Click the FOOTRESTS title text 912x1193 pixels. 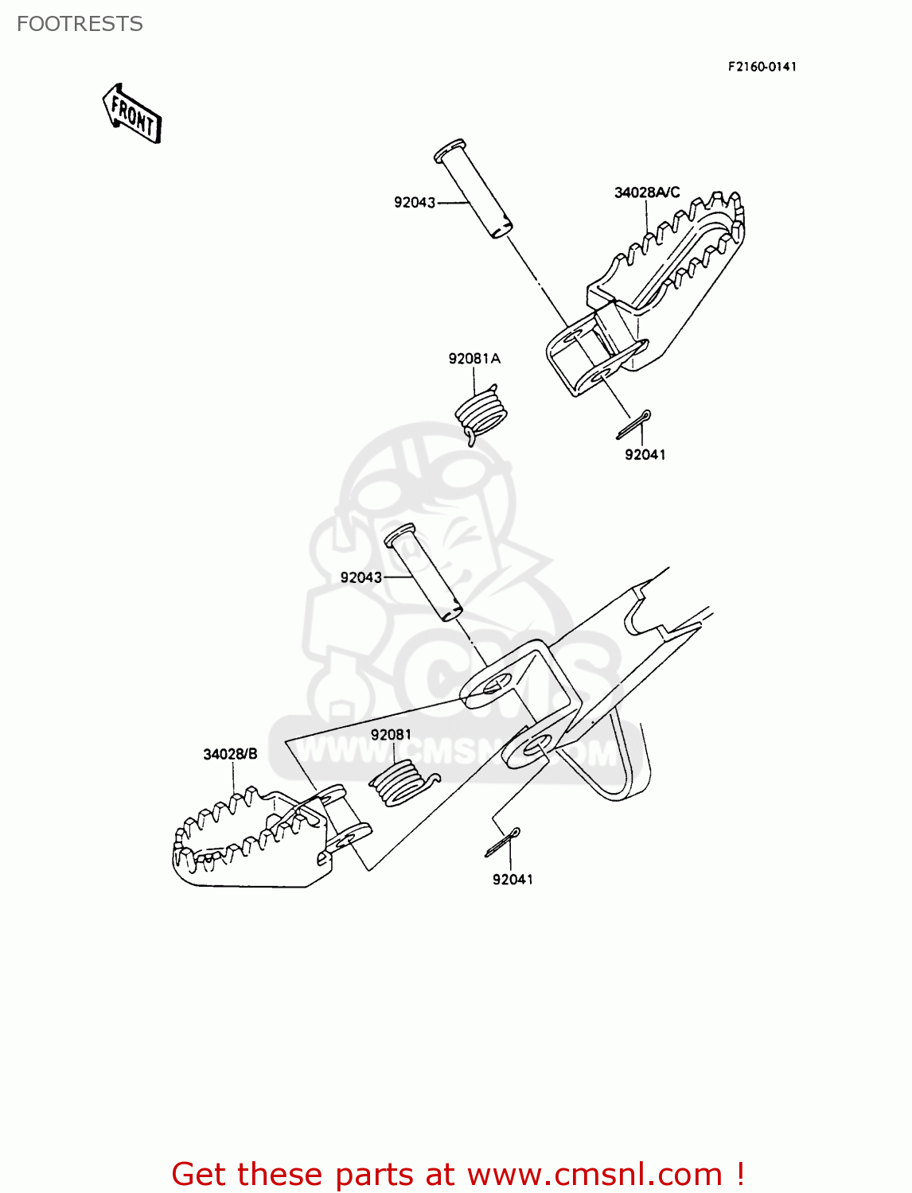80,24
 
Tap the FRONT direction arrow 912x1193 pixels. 132,115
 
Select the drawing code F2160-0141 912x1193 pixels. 762,67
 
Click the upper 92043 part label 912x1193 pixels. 415,203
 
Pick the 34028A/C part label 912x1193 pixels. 647,192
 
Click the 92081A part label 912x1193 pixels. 474,359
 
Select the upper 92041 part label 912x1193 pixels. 645,455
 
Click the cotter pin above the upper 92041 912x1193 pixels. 634,424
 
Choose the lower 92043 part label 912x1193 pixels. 361,577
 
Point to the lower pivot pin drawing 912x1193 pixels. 423,572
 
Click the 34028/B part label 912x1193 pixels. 230,754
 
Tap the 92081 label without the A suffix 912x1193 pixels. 391,735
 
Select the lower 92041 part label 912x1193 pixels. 513,880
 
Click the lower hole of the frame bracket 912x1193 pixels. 536,745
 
